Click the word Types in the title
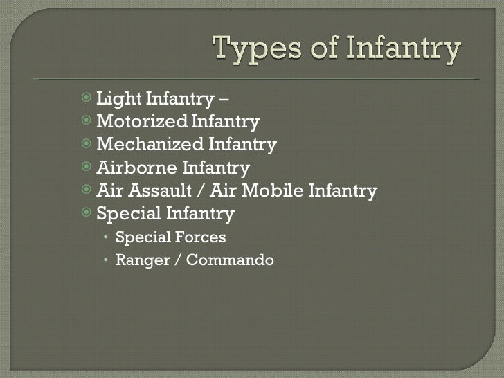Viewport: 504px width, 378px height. click(x=253, y=51)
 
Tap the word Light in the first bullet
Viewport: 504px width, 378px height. click(x=116, y=101)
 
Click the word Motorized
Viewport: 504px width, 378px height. click(x=142, y=123)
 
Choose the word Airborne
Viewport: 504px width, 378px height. click(x=136, y=168)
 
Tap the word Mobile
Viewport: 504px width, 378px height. click(x=275, y=190)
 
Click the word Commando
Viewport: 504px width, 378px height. click(x=233, y=260)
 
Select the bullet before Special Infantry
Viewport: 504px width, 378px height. click(x=85, y=213)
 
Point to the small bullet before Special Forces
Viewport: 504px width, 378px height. click(x=105, y=237)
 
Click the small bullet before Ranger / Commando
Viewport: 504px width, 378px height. click(x=105, y=260)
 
